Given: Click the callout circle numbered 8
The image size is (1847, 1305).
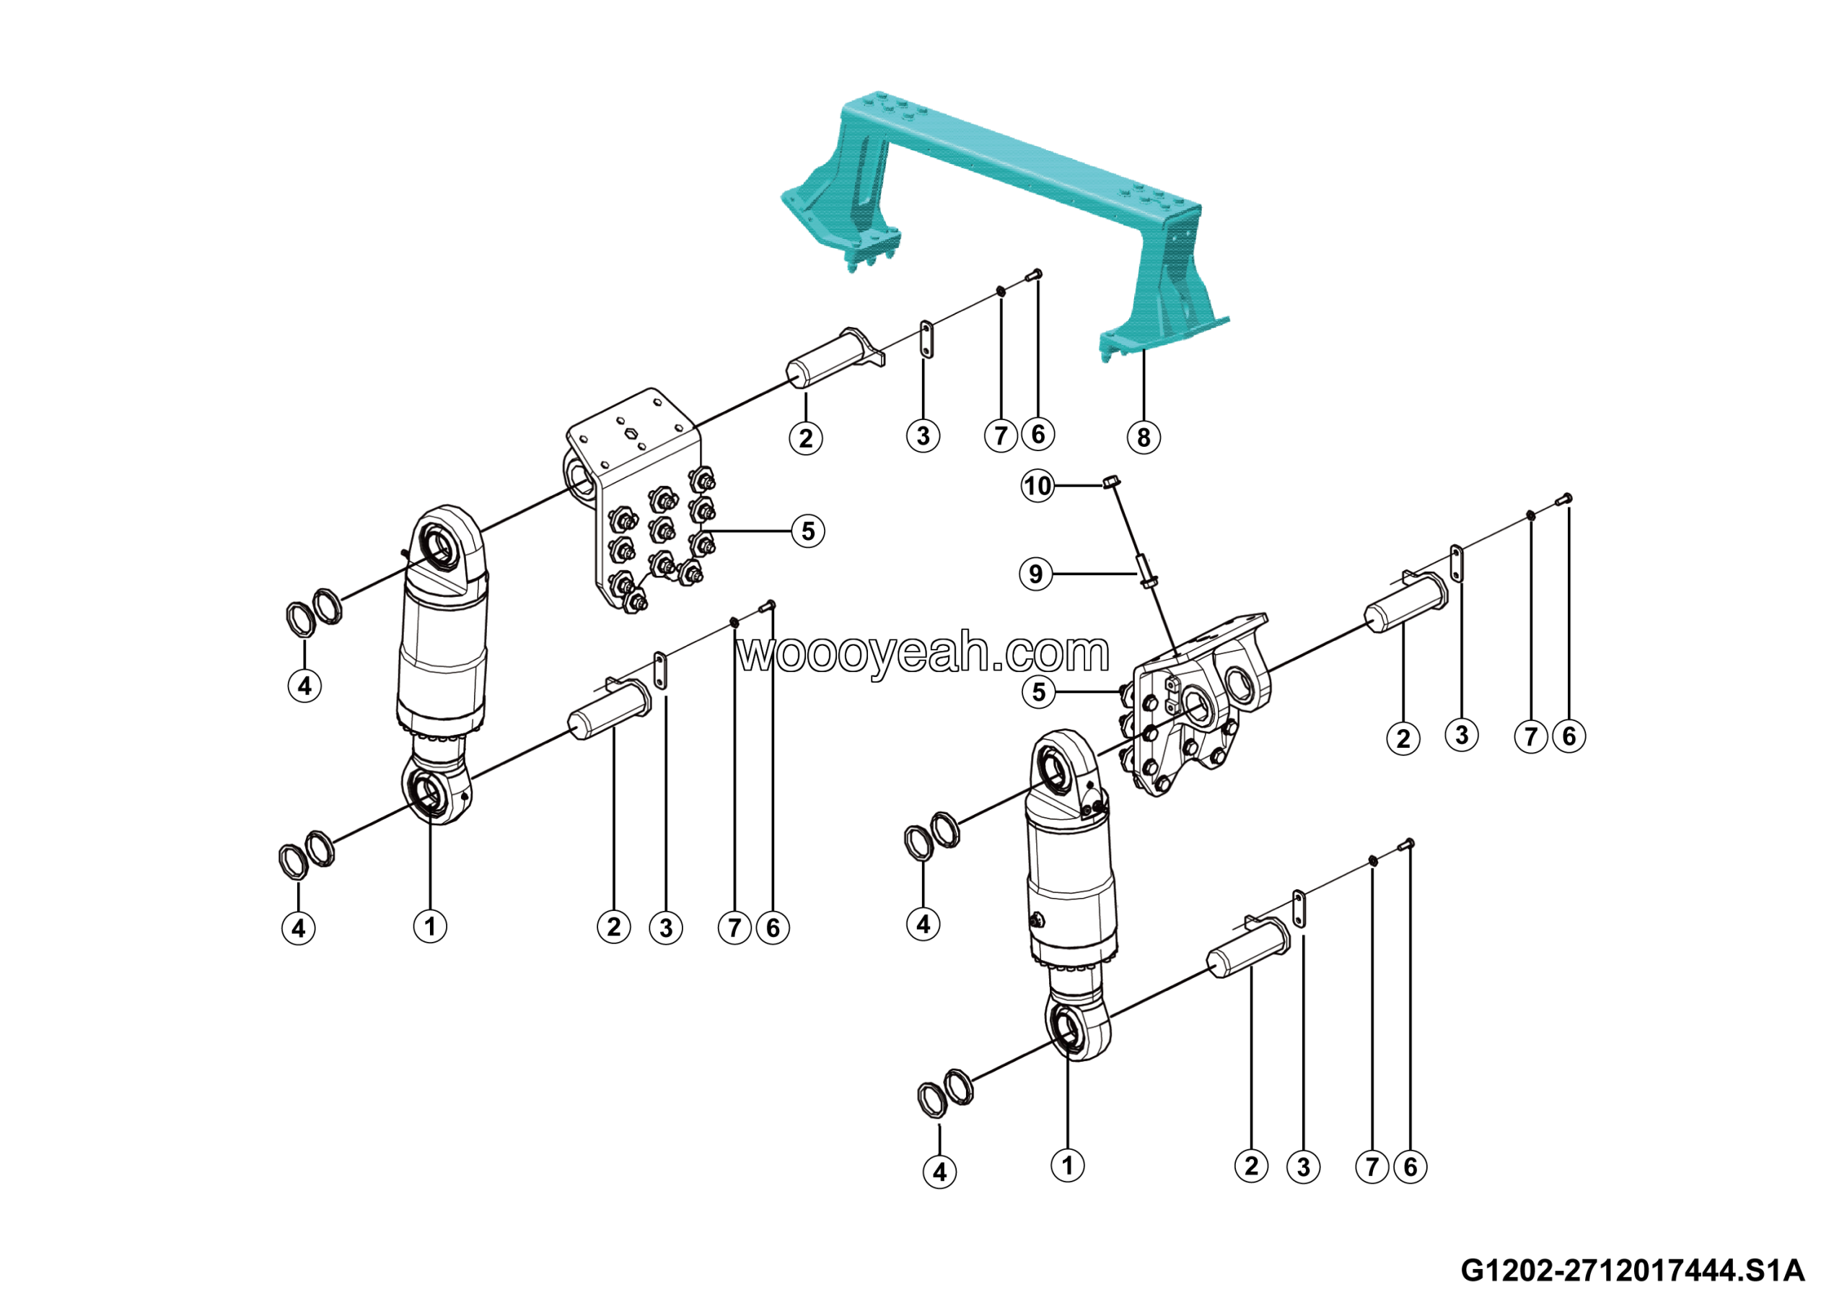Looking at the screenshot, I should pyautogui.click(x=1143, y=437).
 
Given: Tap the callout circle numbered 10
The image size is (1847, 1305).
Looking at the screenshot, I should pyautogui.click(x=1037, y=486).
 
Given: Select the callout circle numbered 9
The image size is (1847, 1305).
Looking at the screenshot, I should pyautogui.click(x=1036, y=575).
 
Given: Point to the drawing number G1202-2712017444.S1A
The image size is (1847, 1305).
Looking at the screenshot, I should pyautogui.click(x=1632, y=1271).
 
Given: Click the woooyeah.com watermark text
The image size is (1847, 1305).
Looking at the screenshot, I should pyautogui.click(x=923, y=652).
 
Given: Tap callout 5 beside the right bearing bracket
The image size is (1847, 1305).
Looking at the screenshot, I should pyautogui.click(x=1038, y=692).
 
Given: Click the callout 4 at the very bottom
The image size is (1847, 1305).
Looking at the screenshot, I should pyautogui.click(x=939, y=1171).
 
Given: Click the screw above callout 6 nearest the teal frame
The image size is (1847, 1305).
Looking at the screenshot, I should pyautogui.click(x=1036, y=275).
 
